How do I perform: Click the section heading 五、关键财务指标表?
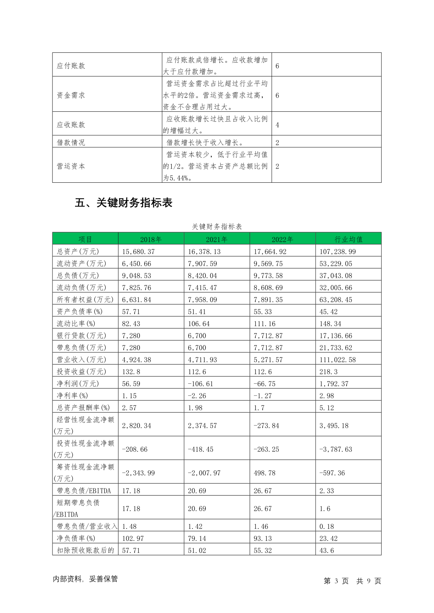(x=124, y=203)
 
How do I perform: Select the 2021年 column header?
(x=216, y=239)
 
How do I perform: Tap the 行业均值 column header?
(x=348, y=239)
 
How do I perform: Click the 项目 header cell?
(x=85, y=239)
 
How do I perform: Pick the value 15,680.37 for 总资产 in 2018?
(x=138, y=252)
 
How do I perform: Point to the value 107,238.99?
(x=337, y=252)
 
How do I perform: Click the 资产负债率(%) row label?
(x=79, y=312)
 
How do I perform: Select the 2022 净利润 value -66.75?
(x=264, y=384)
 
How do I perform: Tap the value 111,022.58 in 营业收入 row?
(x=337, y=360)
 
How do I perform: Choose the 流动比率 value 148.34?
(x=330, y=324)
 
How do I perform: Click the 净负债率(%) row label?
(x=76, y=538)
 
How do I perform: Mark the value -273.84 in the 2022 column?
(x=266, y=426)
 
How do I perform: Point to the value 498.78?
(x=264, y=473)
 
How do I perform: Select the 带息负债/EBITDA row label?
(x=83, y=491)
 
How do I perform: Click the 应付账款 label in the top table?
(x=71, y=66)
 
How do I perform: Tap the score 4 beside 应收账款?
(x=277, y=125)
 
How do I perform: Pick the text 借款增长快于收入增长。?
(x=205, y=142)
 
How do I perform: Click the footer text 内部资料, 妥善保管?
(x=85, y=579)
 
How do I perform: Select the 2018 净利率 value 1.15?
(x=129, y=396)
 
